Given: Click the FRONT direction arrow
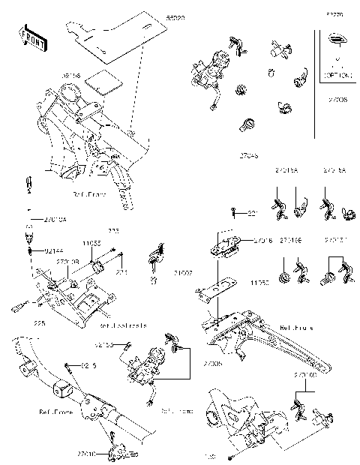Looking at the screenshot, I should click(x=29, y=38).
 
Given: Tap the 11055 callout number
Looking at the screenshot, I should click(x=91, y=244).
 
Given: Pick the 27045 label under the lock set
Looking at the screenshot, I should click(x=248, y=155).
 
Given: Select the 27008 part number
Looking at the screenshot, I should click(x=336, y=97).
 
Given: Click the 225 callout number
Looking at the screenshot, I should click(x=39, y=322).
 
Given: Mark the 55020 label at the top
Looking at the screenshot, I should click(x=175, y=15).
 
